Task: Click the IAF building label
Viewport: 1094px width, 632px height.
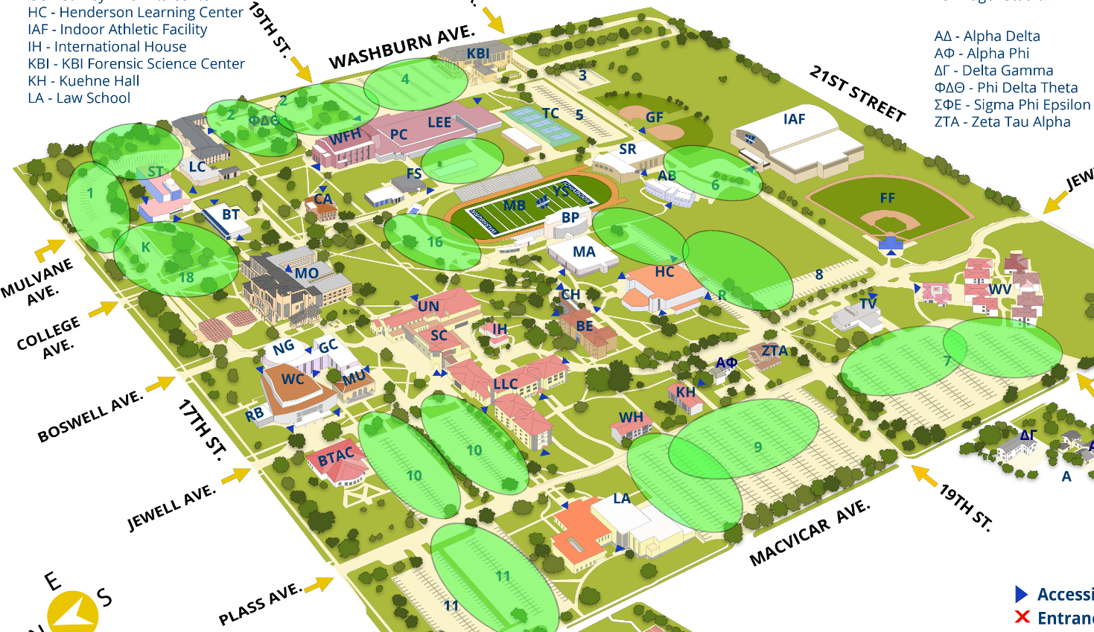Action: pyautogui.click(x=794, y=118)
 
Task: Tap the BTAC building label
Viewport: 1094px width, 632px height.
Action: pyautogui.click(x=336, y=456)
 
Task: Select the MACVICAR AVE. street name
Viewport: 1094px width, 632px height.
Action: pyautogui.click(x=810, y=533)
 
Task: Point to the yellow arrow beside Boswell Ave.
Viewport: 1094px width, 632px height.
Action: pyautogui.click(x=159, y=384)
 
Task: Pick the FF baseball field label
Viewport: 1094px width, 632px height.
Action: pyautogui.click(x=887, y=198)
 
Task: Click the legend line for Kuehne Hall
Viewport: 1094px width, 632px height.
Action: pyautogui.click(x=83, y=80)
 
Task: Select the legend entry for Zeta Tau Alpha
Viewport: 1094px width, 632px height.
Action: pyautogui.click(x=1002, y=121)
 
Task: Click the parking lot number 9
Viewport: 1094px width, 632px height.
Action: pyautogui.click(x=757, y=447)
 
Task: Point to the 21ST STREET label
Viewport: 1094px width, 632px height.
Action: pyautogui.click(x=857, y=94)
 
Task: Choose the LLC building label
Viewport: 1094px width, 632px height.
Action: pyautogui.click(x=505, y=384)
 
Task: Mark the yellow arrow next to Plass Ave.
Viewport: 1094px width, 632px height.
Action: pyautogui.click(x=319, y=584)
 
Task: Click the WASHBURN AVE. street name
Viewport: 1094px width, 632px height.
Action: pyautogui.click(x=401, y=47)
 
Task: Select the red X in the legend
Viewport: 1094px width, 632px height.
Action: pyautogui.click(x=1023, y=617)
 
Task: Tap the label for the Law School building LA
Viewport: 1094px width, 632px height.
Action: pyautogui.click(x=622, y=498)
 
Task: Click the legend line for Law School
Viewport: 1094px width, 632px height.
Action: pyautogui.click(x=79, y=98)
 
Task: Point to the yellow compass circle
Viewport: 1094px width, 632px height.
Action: pyautogui.click(x=72, y=612)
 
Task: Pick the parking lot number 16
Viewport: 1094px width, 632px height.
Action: pyautogui.click(x=435, y=242)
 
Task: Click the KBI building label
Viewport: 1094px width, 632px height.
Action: pyautogui.click(x=478, y=54)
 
